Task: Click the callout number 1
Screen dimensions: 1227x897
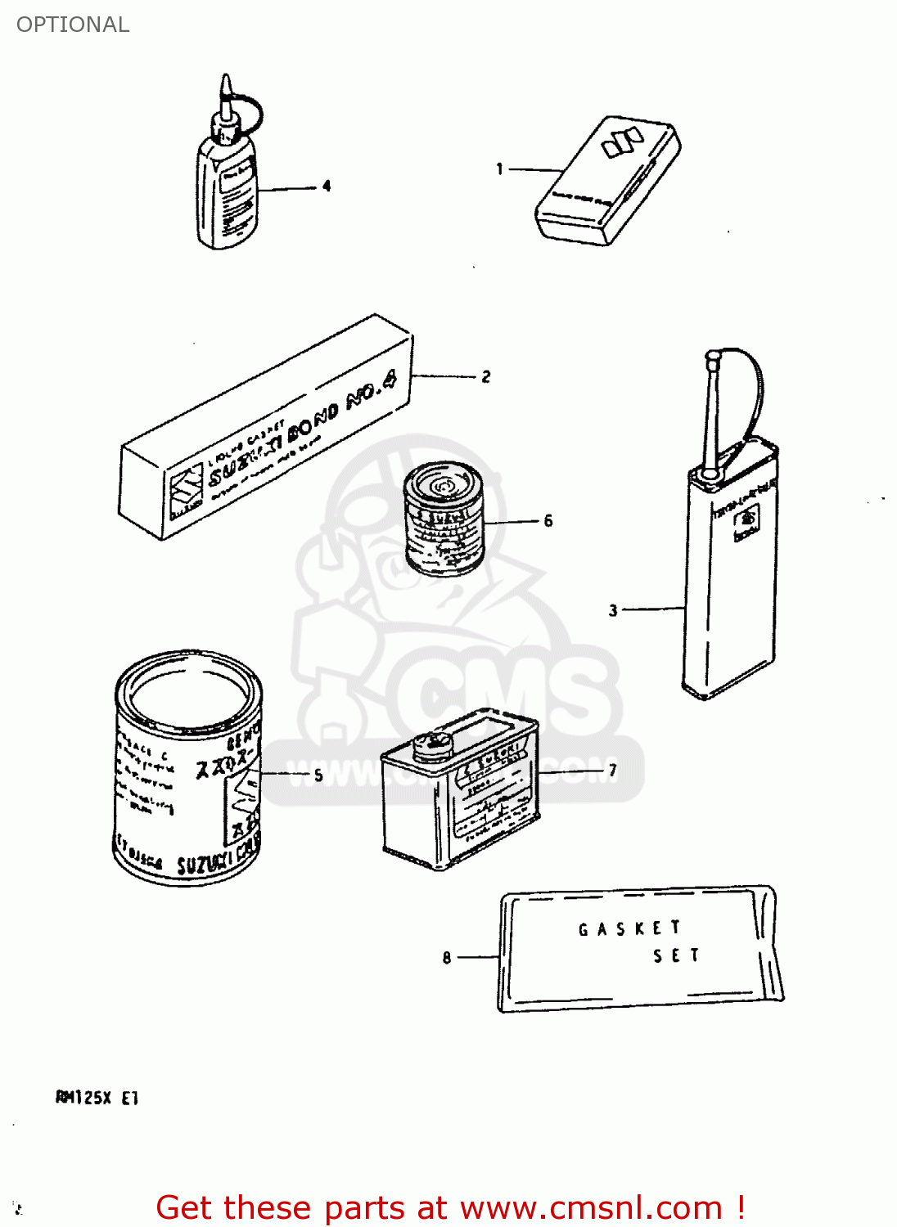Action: [x=499, y=169]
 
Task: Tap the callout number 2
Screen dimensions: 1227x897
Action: [x=486, y=376]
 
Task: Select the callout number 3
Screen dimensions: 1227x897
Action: [x=613, y=610]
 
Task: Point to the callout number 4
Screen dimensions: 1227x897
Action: [x=327, y=186]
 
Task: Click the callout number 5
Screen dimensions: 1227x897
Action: [x=318, y=775]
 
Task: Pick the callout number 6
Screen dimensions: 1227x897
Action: [x=548, y=520]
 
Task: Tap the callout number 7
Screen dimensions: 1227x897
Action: [x=613, y=770]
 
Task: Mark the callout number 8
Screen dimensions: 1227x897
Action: [x=447, y=957]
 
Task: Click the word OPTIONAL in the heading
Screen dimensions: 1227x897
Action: [x=73, y=25]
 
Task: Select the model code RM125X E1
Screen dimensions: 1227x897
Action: [x=97, y=1098]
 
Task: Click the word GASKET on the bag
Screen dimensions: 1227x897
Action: [x=629, y=928]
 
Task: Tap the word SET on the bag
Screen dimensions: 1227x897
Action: [x=676, y=955]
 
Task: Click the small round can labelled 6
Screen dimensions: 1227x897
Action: [x=444, y=519]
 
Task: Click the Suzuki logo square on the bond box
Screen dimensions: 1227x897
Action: [x=186, y=491]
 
